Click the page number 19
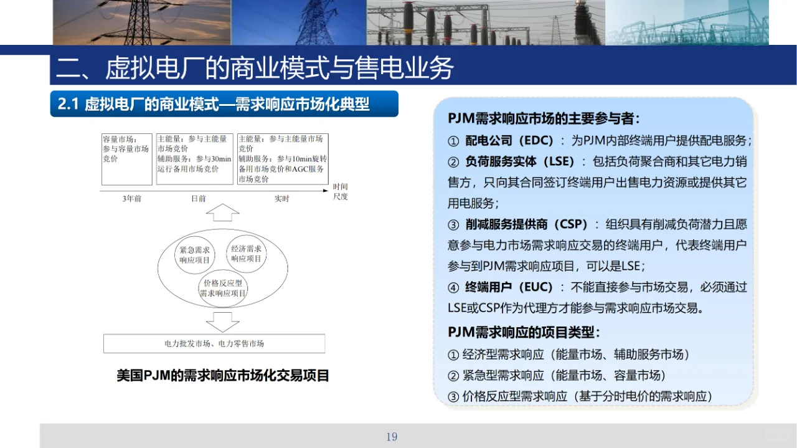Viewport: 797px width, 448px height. (x=392, y=437)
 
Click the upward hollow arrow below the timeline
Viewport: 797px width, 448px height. (x=222, y=212)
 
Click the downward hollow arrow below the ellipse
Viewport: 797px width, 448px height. (x=222, y=320)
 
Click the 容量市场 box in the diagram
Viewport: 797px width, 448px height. (x=127, y=159)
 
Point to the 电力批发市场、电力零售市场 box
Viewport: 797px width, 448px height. (x=214, y=343)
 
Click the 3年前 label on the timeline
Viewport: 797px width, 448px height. (x=131, y=199)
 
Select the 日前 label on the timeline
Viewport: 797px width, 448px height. (x=198, y=199)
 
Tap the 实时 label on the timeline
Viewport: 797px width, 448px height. (x=282, y=199)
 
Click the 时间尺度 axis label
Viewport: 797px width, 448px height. (x=340, y=191)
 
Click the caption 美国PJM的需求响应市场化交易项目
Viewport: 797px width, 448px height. (x=223, y=375)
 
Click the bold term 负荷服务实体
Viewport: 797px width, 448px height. (x=501, y=161)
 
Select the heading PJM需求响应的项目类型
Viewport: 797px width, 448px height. (x=524, y=332)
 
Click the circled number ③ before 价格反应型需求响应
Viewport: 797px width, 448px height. (x=453, y=396)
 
